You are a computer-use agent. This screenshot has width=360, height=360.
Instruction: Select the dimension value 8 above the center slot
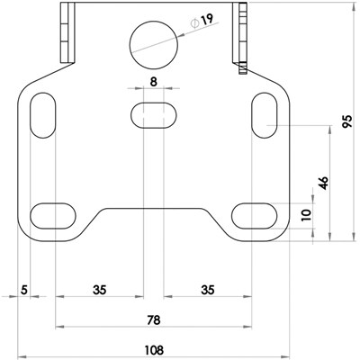[x=154, y=82]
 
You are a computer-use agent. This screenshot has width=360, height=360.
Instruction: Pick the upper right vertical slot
[x=264, y=113]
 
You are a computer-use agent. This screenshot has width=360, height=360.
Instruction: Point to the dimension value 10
[x=305, y=215]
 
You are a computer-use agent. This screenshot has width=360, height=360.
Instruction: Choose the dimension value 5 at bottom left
[x=25, y=290]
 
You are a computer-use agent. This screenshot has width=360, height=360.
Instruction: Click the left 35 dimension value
[x=99, y=290]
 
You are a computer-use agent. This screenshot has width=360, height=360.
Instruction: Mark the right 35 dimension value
[x=208, y=290]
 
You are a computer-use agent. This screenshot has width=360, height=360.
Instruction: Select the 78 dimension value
[x=154, y=319]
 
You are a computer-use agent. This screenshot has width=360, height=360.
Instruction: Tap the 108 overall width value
[x=154, y=349]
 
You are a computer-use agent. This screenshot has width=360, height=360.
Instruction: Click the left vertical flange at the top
[x=66, y=31]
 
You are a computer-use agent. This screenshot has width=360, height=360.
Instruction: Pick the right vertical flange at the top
[x=240, y=31]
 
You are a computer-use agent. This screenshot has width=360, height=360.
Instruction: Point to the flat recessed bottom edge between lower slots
[x=154, y=209]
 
